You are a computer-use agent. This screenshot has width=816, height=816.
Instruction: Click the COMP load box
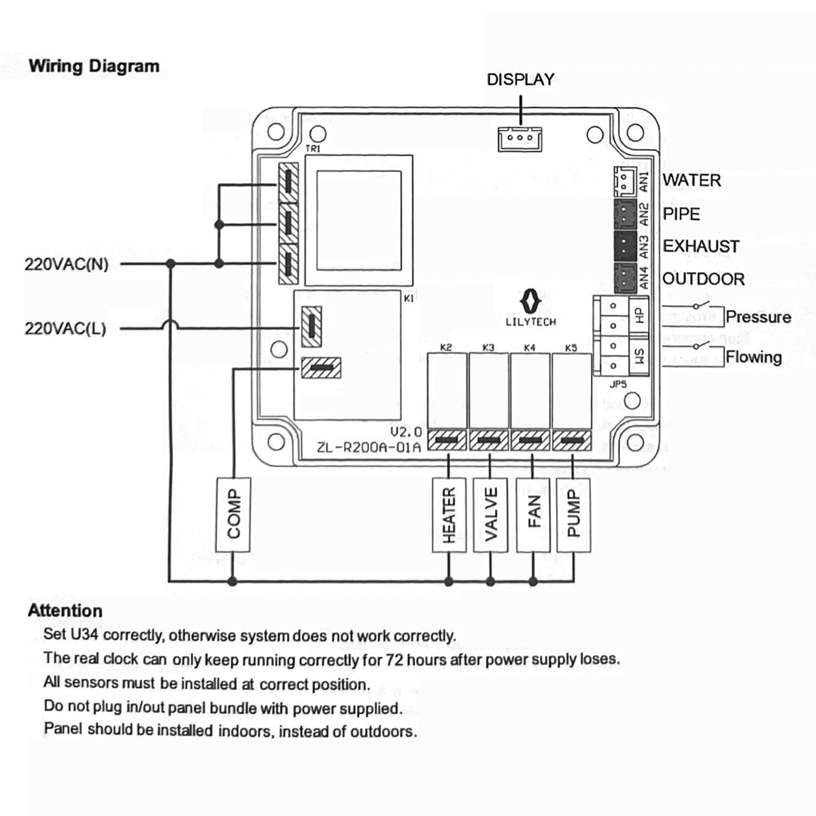[x=233, y=514]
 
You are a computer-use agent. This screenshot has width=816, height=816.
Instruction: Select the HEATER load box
[x=449, y=515]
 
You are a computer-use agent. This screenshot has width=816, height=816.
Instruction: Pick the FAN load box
[x=533, y=515]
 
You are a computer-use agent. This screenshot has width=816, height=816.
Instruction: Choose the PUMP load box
[x=573, y=515]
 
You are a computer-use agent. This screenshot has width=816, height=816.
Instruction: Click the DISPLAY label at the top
[x=520, y=80]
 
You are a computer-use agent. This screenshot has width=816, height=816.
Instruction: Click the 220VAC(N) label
[x=67, y=265]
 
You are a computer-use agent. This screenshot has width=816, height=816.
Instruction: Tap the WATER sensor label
[x=692, y=180]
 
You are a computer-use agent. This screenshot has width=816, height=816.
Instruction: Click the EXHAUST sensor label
[x=701, y=246]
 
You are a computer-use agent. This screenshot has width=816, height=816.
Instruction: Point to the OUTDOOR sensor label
[x=703, y=279]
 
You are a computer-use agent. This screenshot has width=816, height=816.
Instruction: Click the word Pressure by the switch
[x=758, y=317]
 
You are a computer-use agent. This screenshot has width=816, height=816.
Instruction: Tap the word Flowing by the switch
[x=753, y=357]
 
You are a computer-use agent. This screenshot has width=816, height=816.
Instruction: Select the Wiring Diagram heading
[x=94, y=67]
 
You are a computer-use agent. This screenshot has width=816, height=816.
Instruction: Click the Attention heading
[x=65, y=611]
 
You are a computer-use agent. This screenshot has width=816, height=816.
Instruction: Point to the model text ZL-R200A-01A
[x=369, y=447]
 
